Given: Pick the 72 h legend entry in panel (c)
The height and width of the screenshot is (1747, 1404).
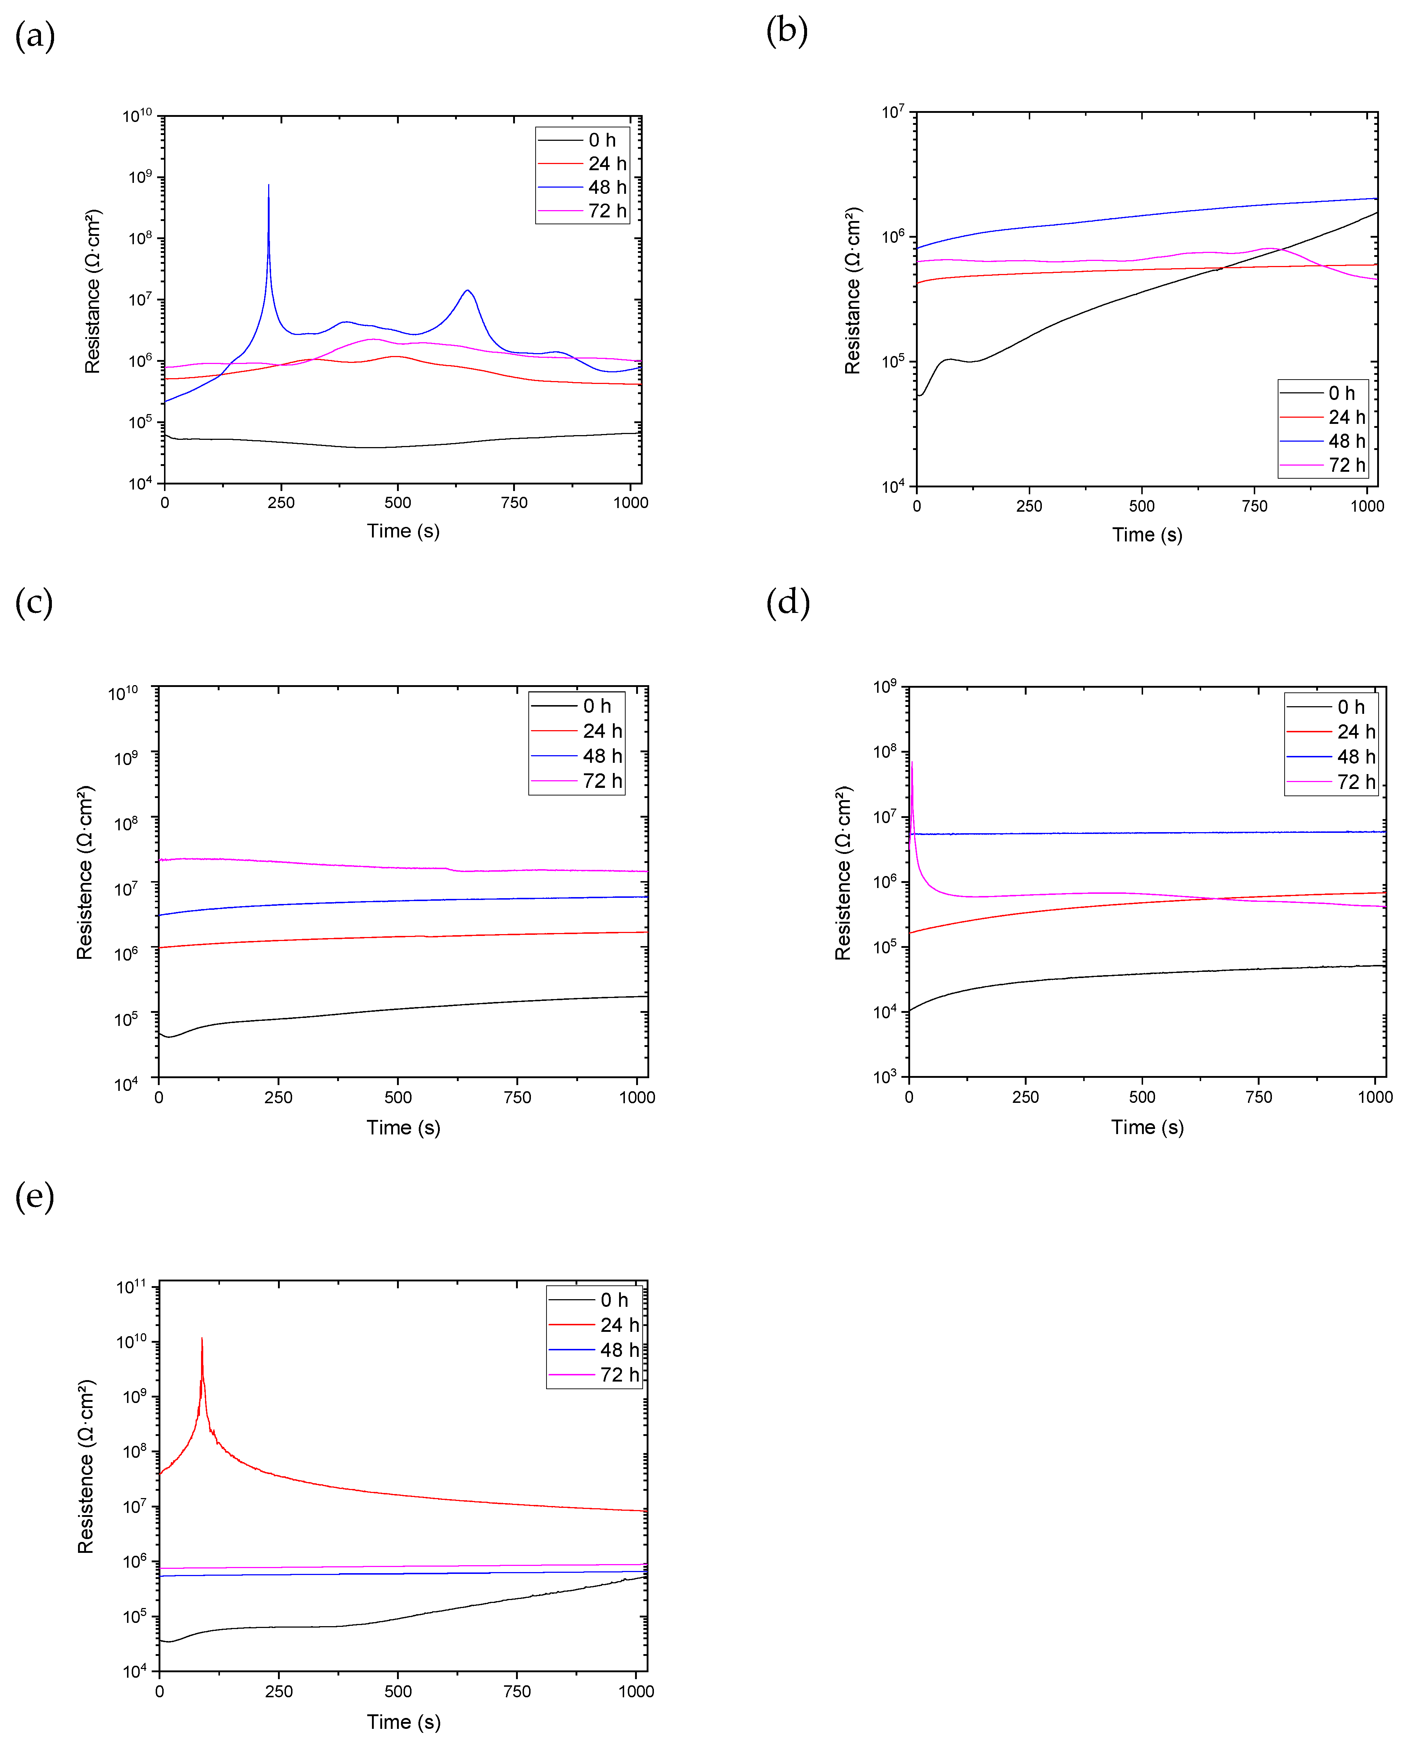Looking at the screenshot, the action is click(x=577, y=781).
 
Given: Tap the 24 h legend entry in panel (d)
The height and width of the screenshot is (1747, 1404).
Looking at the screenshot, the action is click(x=1331, y=732).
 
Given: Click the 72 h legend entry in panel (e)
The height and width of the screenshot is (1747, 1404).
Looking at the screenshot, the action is click(x=594, y=1375).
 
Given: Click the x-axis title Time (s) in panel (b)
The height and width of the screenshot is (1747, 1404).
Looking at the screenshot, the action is click(x=1147, y=535).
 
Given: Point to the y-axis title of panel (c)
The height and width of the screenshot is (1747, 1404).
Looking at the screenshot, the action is click(x=85, y=873).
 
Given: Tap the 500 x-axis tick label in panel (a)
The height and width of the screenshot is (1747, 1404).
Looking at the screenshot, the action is click(x=398, y=502).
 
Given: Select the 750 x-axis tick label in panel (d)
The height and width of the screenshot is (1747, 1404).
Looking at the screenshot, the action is click(x=1259, y=1097).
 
